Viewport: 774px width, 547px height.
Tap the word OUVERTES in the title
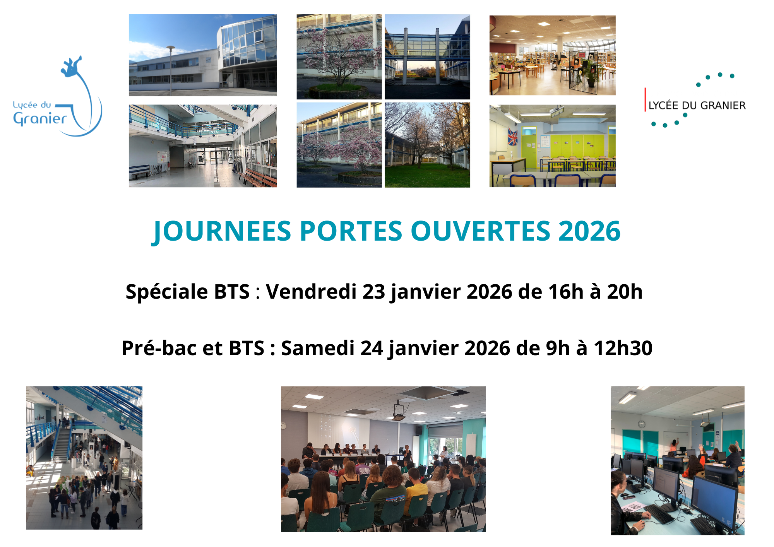[x=480, y=231]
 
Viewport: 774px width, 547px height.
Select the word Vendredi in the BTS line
[x=311, y=292]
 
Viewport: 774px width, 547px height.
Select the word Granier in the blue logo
[x=40, y=119]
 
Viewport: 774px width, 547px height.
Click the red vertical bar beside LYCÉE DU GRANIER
[x=645, y=99]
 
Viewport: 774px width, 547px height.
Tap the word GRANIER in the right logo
[x=723, y=106]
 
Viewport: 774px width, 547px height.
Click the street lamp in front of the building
[x=171, y=70]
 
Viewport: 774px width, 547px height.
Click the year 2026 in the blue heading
[x=589, y=231]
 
